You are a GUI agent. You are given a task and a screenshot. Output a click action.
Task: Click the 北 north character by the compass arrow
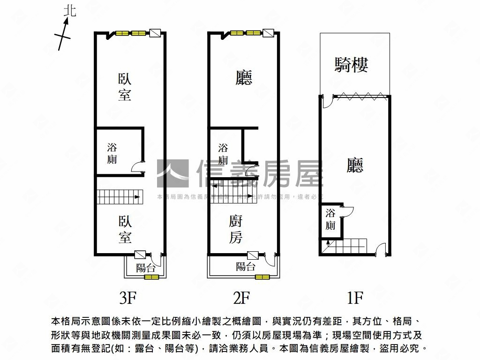tap(69, 11)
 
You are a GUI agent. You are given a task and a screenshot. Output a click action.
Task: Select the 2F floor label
tap(242, 297)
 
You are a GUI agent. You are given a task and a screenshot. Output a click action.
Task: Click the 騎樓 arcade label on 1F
tap(351, 64)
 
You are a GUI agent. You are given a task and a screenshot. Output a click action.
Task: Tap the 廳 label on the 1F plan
tap(355, 165)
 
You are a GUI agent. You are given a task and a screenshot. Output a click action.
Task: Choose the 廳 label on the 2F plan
tap(244, 77)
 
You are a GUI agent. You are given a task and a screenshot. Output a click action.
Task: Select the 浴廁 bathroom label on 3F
tap(112, 153)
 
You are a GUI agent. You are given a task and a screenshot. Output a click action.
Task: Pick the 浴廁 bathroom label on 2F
tap(223, 154)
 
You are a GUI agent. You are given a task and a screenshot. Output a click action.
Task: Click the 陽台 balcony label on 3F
tap(145, 268)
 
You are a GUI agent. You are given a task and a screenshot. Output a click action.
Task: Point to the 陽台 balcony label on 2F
tap(246, 267)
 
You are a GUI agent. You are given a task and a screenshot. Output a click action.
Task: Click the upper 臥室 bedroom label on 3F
tap(124, 87)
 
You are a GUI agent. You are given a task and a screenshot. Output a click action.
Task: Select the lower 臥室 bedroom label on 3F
tap(124, 229)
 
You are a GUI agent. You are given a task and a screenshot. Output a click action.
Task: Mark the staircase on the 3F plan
tap(119, 197)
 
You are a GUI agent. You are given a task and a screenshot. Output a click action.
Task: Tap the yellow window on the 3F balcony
tap(151, 277)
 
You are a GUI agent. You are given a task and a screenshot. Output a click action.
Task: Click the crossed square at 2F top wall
tap(269, 33)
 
